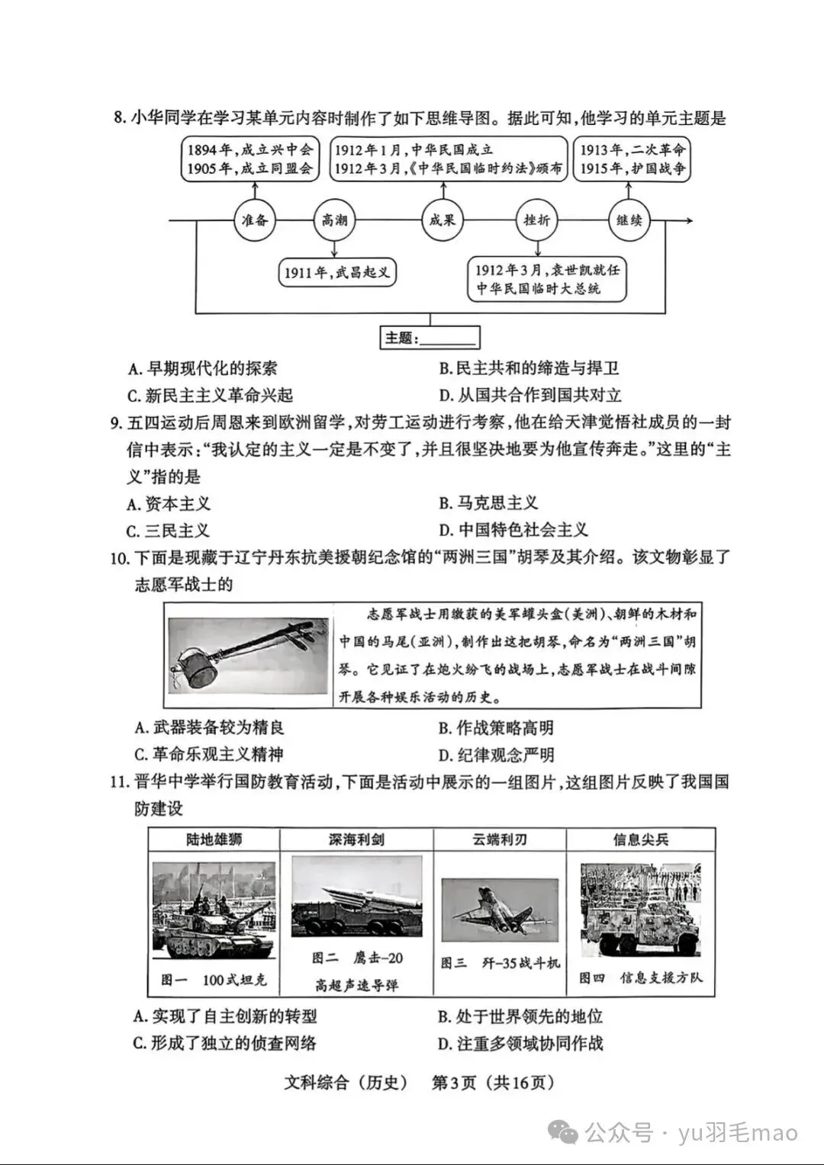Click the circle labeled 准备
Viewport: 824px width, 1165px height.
[x=254, y=220]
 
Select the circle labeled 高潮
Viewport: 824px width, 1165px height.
[x=334, y=220]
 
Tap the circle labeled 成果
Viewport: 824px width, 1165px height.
[x=443, y=220]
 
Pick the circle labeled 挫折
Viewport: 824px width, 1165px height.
[x=536, y=220]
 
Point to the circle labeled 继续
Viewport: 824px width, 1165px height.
[x=629, y=220]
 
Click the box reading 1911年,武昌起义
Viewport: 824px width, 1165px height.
[x=337, y=272]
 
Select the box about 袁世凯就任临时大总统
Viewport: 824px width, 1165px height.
[x=547, y=279]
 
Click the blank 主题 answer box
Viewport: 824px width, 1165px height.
[x=430, y=338]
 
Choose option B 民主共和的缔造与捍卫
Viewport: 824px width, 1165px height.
[x=529, y=368]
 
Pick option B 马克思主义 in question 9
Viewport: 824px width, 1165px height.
[x=488, y=503]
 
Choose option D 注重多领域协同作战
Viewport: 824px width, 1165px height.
[x=520, y=1043]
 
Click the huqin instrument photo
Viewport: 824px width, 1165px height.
[x=247, y=655]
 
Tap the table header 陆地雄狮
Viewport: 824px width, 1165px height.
[x=214, y=839]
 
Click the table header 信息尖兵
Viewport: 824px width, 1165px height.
[x=641, y=839]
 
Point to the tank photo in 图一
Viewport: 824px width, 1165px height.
[x=214, y=910]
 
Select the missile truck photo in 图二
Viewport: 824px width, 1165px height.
[x=356, y=897]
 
